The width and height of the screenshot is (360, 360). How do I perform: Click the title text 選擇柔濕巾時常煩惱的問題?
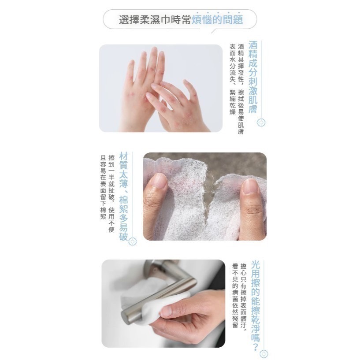pyautogui.click(x=181, y=20)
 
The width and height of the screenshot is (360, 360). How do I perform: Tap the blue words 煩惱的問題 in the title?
pyautogui.click(x=218, y=20)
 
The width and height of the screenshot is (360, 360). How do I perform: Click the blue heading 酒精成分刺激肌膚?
pyautogui.click(x=253, y=78)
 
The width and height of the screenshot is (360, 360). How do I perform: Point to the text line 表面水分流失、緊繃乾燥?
pyautogui.click(x=232, y=79)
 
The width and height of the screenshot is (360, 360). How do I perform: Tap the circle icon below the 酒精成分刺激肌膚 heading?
pyautogui.click(x=261, y=122)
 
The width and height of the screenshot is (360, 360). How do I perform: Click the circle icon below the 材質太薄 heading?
pyautogui.click(x=133, y=241)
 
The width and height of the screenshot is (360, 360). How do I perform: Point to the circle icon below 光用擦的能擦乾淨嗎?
pyautogui.click(x=264, y=353)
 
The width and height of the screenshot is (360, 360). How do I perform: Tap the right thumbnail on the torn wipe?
pyautogui.click(x=250, y=187)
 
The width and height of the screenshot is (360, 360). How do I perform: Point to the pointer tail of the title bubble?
pyautogui.click(x=214, y=30)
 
